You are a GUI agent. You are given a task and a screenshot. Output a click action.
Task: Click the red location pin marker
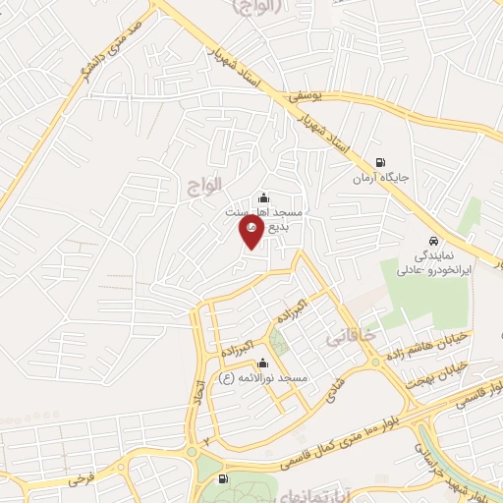click(251, 232)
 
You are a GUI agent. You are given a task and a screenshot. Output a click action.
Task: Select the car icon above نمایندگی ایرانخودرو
click(433, 241)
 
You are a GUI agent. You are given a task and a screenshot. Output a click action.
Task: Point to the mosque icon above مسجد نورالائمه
click(262, 363)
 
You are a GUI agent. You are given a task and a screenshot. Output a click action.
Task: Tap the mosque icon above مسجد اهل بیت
click(262, 196)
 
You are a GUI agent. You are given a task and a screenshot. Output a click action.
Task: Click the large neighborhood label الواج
click(203, 183)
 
